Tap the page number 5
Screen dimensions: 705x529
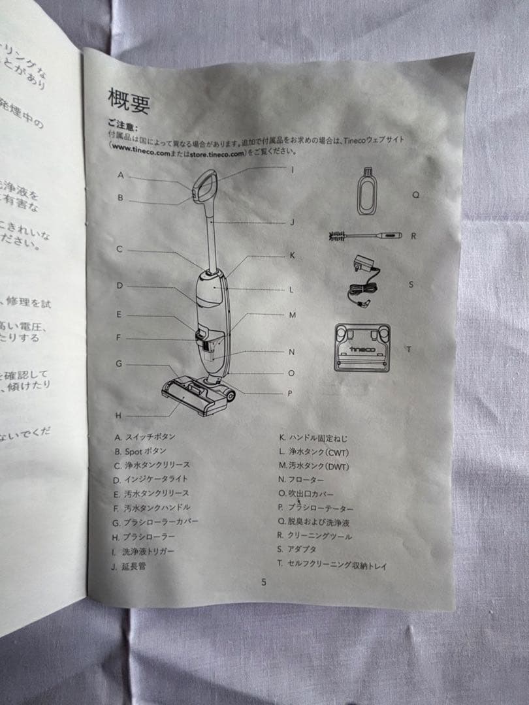[263, 582]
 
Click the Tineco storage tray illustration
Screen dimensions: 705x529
[362, 347]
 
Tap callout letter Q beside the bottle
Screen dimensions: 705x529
[415, 195]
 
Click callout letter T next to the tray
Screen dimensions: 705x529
[409, 349]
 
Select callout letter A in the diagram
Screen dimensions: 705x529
[121, 175]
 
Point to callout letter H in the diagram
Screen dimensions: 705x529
[118, 415]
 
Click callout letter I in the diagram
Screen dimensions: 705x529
[293, 170]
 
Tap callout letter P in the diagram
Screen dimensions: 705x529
[289, 394]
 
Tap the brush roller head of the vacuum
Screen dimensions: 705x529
[196, 394]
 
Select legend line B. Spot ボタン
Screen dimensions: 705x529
[141, 451]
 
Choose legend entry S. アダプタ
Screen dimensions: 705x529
[297, 550]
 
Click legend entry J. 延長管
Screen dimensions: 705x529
[129, 566]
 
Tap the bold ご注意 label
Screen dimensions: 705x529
[123, 125]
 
